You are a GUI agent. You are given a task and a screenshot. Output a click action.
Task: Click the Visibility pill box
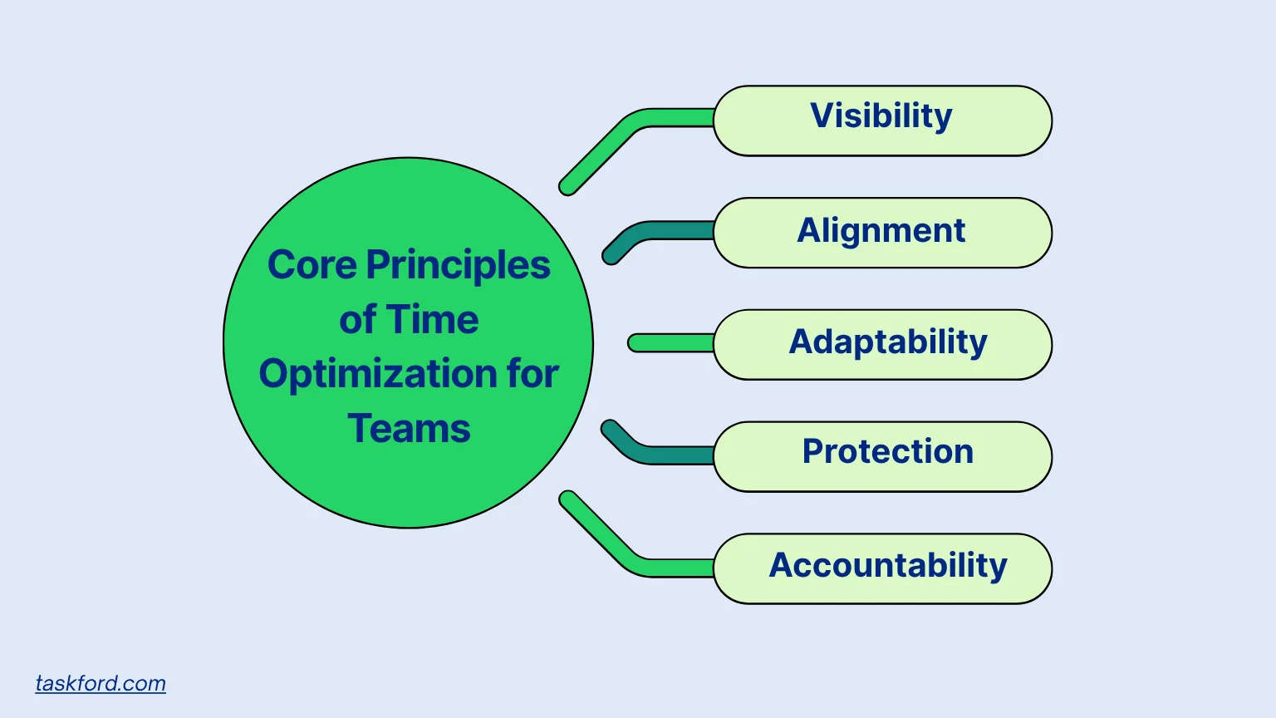(882, 120)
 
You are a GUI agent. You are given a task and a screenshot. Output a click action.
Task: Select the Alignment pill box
(882, 233)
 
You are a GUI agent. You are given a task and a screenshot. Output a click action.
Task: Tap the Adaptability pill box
(882, 345)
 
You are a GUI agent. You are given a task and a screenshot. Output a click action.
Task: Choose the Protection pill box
(882, 457)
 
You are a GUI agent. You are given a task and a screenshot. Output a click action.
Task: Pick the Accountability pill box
(882, 568)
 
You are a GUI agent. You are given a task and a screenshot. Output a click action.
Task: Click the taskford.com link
(101, 683)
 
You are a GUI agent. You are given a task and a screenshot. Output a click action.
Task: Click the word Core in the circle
(312, 266)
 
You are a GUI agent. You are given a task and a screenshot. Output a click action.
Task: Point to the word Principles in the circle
(458, 266)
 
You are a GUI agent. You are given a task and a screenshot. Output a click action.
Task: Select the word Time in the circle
(433, 320)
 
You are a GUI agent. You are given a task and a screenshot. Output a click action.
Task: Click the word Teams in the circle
(409, 429)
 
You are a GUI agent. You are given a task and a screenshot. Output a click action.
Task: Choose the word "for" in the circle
(532, 374)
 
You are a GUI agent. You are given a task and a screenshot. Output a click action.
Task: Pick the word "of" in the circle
(357, 320)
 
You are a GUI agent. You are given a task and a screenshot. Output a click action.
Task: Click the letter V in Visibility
(822, 116)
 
